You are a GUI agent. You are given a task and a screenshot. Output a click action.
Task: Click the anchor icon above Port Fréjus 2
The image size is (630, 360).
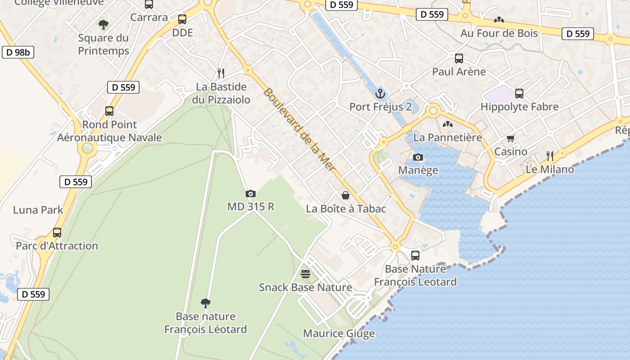[x=381, y=94]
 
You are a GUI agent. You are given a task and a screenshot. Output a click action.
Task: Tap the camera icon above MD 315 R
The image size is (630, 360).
[x=251, y=193]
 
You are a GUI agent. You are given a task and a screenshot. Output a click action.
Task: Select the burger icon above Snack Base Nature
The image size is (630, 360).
[x=306, y=274]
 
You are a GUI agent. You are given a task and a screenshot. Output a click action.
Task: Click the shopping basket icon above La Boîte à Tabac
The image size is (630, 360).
[x=346, y=195]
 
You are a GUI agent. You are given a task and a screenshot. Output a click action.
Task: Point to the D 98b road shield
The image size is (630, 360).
[x=18, y=52]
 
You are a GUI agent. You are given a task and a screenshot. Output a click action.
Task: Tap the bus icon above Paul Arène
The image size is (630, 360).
[x=459, y=58]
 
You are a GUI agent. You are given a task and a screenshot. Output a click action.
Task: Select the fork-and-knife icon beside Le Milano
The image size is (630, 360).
[x=550, y=156]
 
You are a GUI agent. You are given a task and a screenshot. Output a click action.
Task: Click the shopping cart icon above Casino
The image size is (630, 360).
[x=510, y=138]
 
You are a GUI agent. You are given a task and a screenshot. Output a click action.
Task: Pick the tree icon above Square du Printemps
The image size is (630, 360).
[x=103, y=24]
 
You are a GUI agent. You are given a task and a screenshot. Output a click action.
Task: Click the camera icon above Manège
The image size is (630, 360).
[x=418, y=157]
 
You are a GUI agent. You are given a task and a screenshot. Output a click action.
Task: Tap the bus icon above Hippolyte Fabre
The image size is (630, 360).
[x=519, y=94]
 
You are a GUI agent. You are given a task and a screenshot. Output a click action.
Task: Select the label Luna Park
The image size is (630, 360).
[x=38, y=210]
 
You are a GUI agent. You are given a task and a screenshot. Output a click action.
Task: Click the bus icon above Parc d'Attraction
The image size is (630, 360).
[x=57, y=233]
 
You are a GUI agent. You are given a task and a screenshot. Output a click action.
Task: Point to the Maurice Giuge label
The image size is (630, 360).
[x=339, y=333]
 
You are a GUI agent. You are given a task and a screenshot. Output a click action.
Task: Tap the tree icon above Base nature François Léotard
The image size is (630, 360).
[x=206, y=303]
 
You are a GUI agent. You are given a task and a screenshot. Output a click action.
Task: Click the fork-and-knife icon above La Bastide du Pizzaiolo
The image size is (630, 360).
[x=221, y=73]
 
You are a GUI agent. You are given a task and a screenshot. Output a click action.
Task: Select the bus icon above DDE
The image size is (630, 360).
[x=182, y=19]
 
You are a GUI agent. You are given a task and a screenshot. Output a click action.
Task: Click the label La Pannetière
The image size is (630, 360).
[x=447, y=137]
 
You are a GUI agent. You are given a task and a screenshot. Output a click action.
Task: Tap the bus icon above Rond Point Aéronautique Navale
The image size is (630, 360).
[x=109, y=111]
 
